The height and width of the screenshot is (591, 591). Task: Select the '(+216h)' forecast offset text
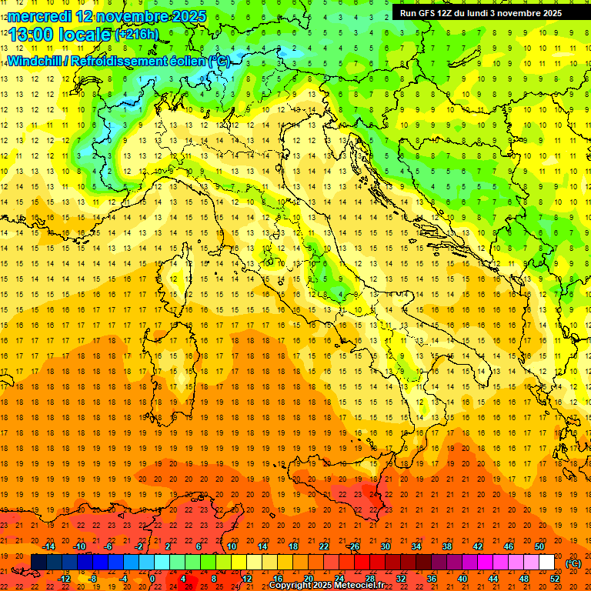[x=136, y=35]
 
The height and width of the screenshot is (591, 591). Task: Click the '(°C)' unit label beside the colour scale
[x=573, y=563]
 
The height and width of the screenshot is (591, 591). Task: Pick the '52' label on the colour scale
[x=555, y=578]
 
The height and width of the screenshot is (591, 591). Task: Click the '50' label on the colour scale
[x=539, y=546]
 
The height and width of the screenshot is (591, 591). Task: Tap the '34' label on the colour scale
[x=416, y=546]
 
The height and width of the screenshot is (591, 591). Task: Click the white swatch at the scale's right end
[x=546, y=563]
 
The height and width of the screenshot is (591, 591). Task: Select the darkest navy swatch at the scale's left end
[x=38, y=563]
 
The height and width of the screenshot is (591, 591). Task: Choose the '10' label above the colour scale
[x=232, y=546]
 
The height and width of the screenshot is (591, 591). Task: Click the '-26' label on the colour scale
[x=353, y=546]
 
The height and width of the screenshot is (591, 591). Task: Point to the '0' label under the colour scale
[x=152, y=578]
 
